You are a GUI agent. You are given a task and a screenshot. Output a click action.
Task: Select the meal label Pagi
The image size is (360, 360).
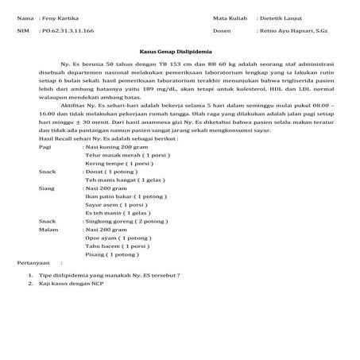point(24,148)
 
